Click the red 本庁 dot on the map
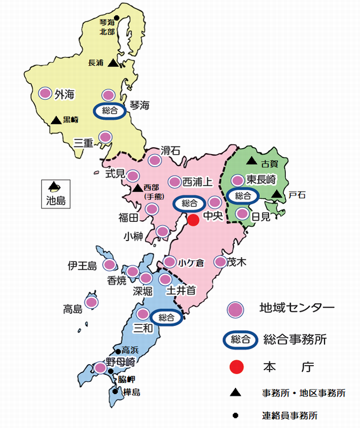193,219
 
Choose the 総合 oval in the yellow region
110,111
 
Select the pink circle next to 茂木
220,262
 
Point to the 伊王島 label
82,265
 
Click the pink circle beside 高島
91,303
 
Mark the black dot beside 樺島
116,391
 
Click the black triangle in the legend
235,394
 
